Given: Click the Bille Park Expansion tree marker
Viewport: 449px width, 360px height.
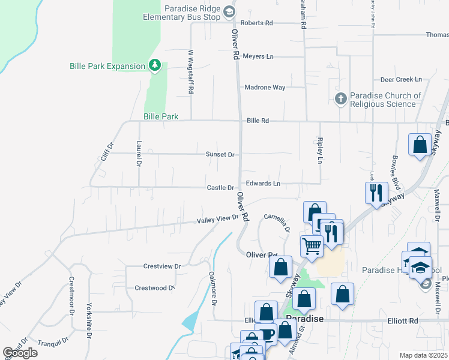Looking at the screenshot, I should tap(155, 65).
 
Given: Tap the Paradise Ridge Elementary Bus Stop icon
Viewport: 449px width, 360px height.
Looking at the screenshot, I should tap(228, 11).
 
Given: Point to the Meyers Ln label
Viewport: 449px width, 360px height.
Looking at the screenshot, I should tap(258, 56).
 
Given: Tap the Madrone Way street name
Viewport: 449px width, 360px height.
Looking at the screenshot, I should tap(265, 87).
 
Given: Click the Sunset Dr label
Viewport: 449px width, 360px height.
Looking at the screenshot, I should tap(220, 154).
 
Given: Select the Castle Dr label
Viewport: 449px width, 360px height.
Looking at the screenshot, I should tap(220, 188).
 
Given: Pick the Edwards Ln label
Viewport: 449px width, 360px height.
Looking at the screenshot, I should tap(263, 184).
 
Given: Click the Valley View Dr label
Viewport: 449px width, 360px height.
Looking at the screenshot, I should tap(218, 220).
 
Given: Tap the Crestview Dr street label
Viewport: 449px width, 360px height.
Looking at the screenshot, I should tap(162, 266).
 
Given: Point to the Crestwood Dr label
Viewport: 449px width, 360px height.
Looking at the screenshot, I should tap(154, 288).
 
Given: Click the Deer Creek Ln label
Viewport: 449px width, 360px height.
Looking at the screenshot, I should tap(401, 79).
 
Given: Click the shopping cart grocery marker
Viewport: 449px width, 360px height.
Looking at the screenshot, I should tap(312, 245).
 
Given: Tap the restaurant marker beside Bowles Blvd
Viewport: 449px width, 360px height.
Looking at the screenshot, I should tap(376, 193).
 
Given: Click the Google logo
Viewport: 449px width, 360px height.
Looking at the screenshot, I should tap(20, 353).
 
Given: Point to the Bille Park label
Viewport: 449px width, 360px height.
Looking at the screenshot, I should tap(161, 116).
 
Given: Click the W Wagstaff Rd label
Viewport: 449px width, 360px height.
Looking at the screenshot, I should tap(191, 71).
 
